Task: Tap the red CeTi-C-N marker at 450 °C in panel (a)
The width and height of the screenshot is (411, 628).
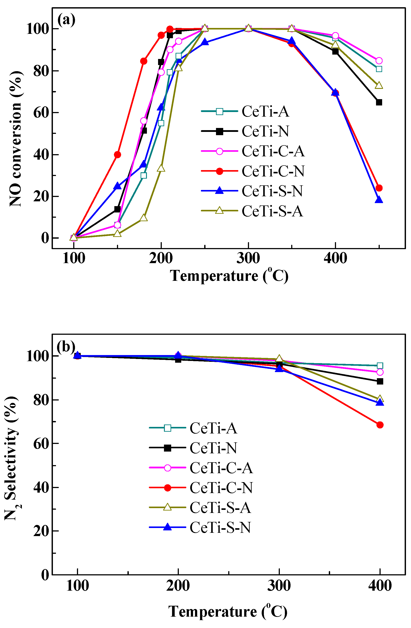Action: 379,188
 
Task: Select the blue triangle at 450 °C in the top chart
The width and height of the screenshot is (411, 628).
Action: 379,200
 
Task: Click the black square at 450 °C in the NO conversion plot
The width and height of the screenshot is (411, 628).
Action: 379,102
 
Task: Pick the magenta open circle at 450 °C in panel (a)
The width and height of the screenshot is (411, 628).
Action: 379,61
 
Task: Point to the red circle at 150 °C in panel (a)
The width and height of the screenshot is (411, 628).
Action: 118,155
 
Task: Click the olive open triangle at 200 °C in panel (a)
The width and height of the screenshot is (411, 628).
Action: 161,168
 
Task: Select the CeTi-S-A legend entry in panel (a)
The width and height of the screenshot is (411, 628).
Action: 272,211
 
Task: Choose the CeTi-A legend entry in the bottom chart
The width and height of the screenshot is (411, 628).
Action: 213,428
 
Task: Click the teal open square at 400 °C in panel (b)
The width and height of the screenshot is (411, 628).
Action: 380,366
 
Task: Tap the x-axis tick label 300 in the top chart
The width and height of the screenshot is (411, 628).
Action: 248,258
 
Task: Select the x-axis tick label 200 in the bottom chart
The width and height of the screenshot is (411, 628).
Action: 178,586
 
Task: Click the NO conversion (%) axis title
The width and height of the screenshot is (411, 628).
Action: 15,138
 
